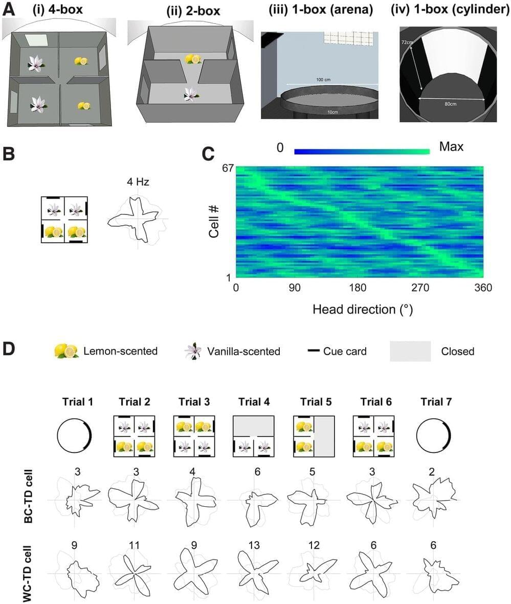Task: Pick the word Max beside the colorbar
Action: click(x=451, y=147)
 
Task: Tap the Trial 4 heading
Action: click(x=255, y=402)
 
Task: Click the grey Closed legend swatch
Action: click(x=410, y=351)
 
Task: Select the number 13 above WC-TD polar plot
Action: click(x=254, y=546)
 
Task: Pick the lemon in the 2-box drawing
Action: click(x=192, y=59)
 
